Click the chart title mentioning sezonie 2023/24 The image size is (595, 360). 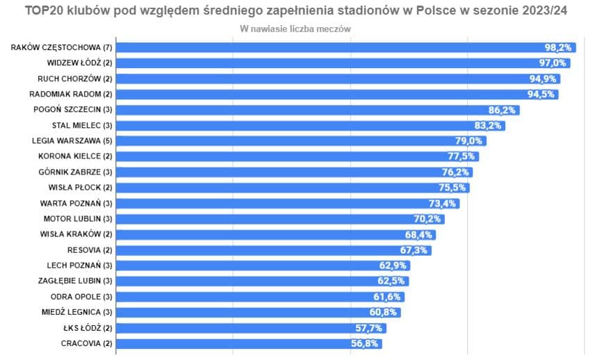[x=295, y=13]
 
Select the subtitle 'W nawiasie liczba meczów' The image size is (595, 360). [x=295, y=29]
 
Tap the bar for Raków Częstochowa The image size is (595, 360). [x=334, y=47]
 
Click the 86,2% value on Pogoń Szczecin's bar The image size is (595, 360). [x=503, y=110]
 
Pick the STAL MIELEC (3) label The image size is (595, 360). [x=82, y=125]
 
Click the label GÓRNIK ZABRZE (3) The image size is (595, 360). [x=75, y=172]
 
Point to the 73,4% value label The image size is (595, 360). [x=442, y=203]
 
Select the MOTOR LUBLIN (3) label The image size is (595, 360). [x=78, y=218]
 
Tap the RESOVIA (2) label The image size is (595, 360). [x=90, y=249]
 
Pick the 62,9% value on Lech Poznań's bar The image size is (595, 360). [x=393, y=265]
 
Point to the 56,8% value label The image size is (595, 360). [x=365, y=343]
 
